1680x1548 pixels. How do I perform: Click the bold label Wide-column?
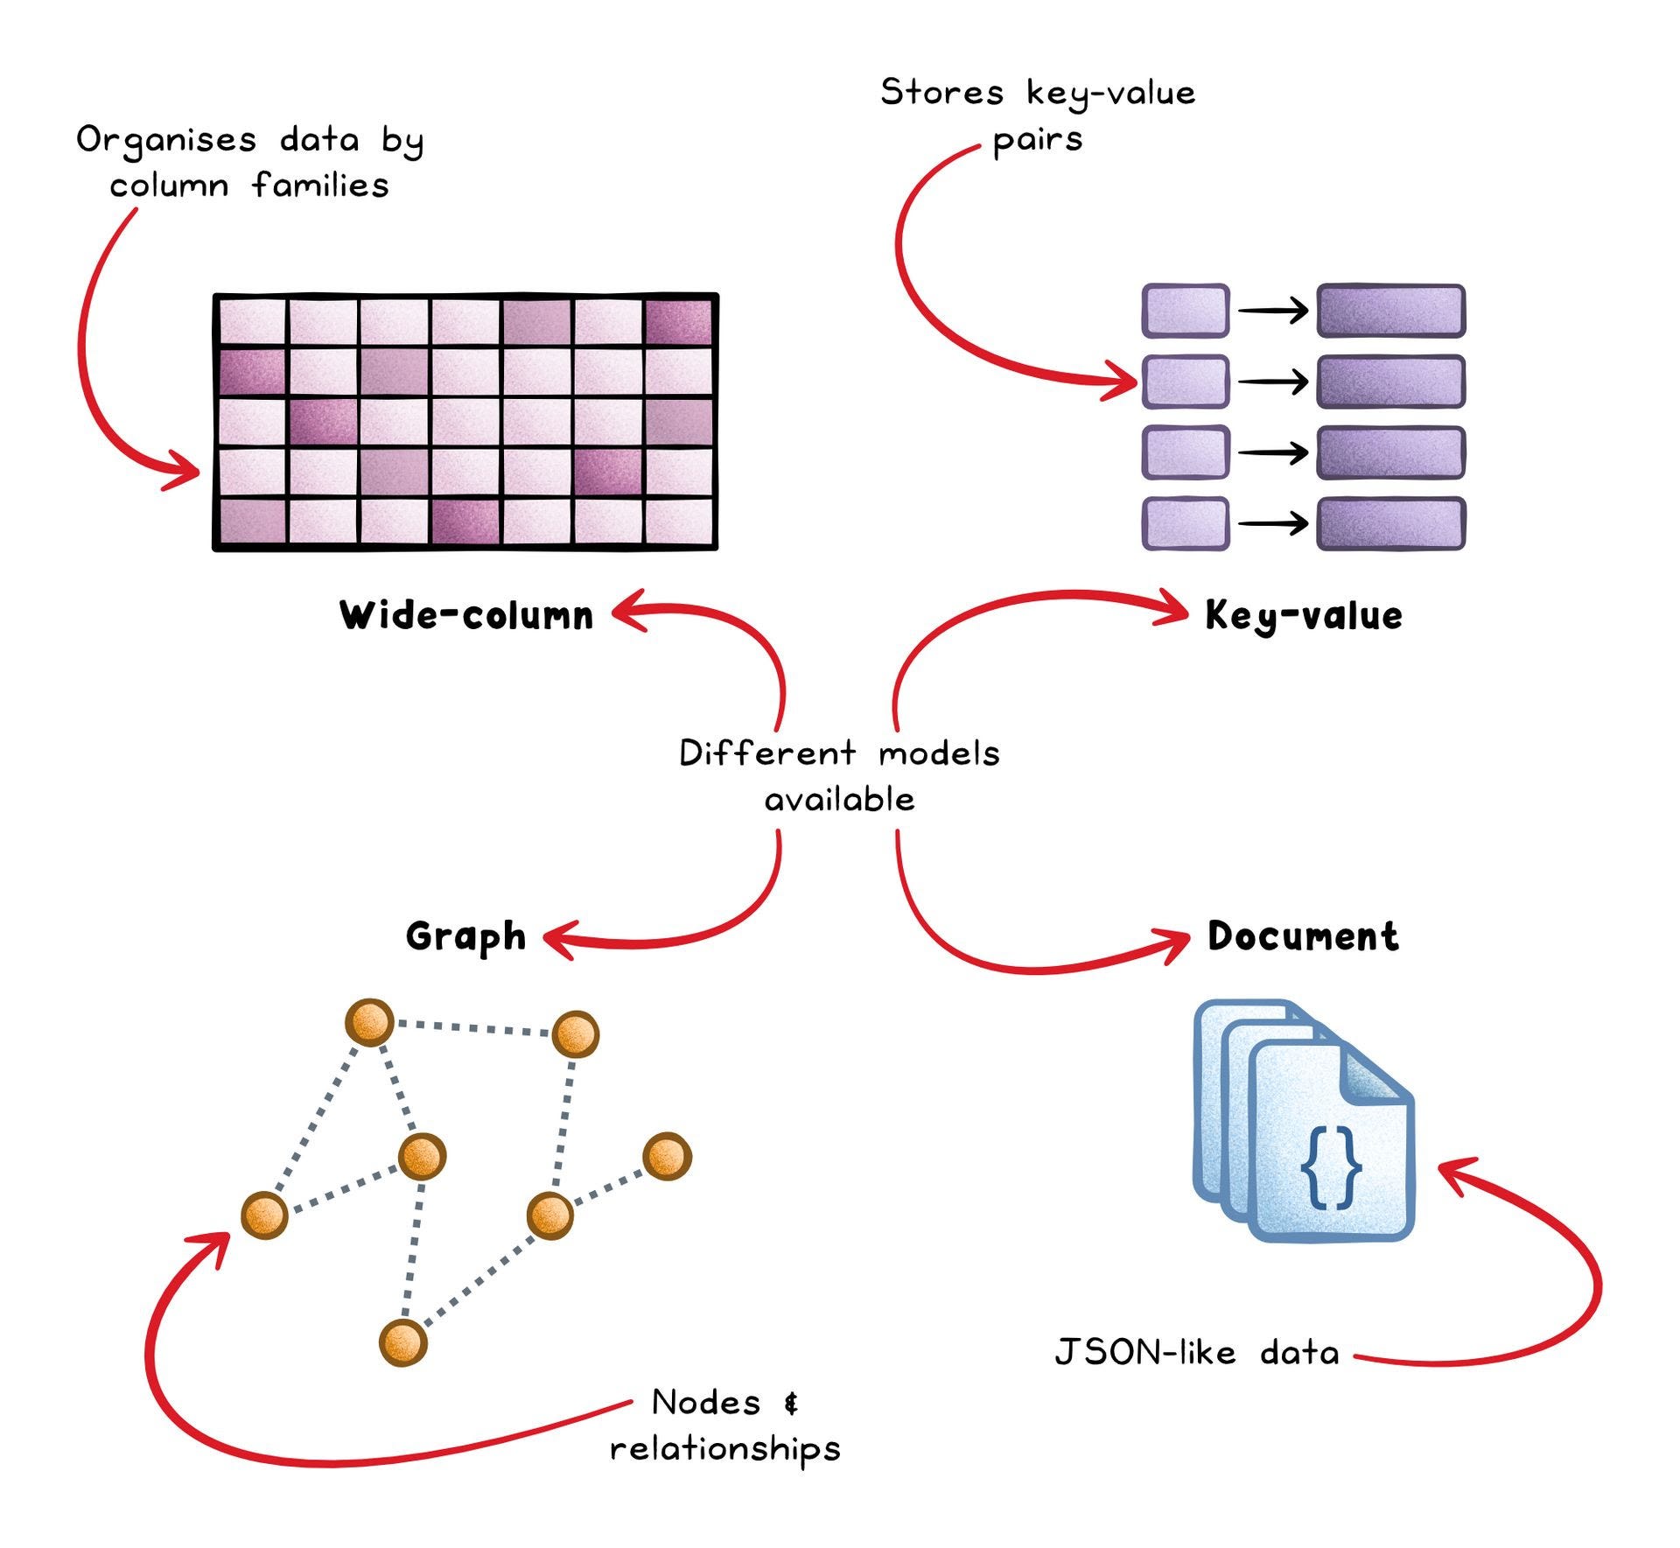(466, 615)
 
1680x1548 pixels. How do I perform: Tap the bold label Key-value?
(1304, 615)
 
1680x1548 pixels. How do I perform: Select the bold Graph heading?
(465, 936)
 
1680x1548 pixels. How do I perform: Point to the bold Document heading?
(1303, 936)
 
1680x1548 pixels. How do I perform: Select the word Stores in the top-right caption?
(942, 92)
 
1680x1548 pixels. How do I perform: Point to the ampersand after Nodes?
(791, 1404)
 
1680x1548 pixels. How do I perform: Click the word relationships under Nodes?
(725, 1449)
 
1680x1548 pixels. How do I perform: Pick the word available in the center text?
(840, 799)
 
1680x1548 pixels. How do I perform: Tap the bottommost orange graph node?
(403, 1341)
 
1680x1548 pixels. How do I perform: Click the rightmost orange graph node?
(667, 1156)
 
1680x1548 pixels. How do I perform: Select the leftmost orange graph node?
(264, 1215)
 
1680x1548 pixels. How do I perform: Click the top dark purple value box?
(1390, 311)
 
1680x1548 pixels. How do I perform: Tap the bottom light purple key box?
(1186, 523)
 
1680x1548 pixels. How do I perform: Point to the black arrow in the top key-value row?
(1273, 310)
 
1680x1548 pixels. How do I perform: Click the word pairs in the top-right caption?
(1038, 140)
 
